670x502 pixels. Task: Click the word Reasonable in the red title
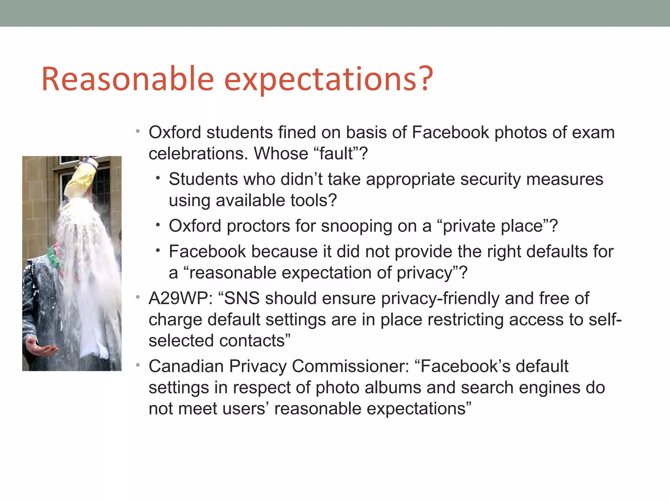click(x=128, y=79)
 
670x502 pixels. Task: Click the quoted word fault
click(x=337, y=154)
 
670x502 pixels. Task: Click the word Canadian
click(x=186, y=366)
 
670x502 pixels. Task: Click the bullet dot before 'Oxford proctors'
click(x=158, y=225)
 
